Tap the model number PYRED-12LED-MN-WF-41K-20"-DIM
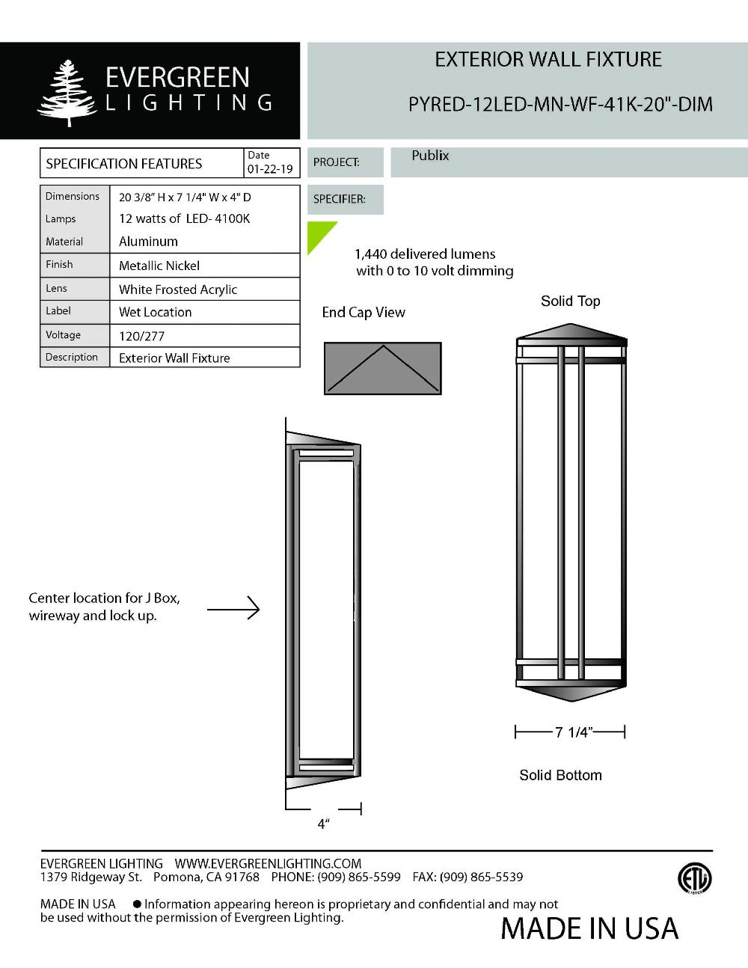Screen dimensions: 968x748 tap(560, 104)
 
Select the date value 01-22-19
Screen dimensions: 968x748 tap(270, 169)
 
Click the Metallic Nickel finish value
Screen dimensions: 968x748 tap(159, 266)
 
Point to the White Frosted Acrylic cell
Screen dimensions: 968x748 tap(178, 290)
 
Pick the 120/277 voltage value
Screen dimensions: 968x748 tap(141, 336)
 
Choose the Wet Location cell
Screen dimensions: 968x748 tap(155, 312)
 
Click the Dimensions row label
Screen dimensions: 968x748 tap(73, 196)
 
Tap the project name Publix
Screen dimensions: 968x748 tap(430, 156)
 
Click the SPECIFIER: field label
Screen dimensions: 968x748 tap(340, 199)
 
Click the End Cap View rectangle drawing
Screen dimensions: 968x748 tap(382, 368)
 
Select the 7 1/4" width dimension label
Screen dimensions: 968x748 tap(572, 732)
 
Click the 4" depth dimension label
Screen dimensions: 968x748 tap(323, 824)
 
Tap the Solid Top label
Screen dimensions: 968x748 tap(570, 301)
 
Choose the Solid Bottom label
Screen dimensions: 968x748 tap(560, 775)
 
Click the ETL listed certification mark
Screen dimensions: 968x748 tap(694, 878)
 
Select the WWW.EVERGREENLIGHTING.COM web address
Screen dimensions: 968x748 tap(268, 863)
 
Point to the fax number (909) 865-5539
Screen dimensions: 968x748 tap(481, 877)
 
